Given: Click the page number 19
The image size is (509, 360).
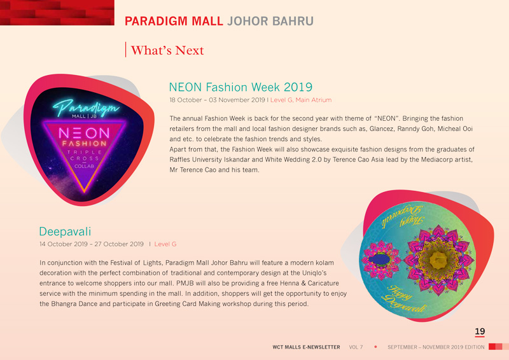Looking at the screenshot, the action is pos(480,331).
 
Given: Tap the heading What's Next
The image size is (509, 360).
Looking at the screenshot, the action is pos(167,50).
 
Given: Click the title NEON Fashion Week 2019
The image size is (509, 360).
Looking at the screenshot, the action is pos(241,87).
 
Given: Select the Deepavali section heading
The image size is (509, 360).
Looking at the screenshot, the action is pos(65,232).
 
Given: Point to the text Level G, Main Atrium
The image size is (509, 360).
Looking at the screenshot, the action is pos(301,100).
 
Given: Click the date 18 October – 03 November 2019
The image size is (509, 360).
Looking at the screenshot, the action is pos(217,100).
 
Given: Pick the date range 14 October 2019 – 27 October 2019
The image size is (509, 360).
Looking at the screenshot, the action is pos(92,244).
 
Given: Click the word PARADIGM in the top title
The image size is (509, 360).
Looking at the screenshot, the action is pos(156,21).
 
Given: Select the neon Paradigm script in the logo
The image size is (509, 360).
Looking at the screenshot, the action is pos(85,107).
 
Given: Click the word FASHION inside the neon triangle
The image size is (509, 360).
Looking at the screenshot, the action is pos(85,144).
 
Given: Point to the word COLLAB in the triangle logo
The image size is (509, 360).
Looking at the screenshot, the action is pos(85,166).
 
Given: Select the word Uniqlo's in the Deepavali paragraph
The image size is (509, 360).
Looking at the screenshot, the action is pos(314,273).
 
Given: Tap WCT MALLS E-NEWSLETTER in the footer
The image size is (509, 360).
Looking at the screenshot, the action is pos(306,347).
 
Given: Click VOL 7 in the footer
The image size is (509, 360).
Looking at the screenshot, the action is pos(356,347).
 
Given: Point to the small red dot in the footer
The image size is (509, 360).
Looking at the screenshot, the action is pos(375,347).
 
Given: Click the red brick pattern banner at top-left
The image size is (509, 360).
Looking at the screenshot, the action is pos(57,12).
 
